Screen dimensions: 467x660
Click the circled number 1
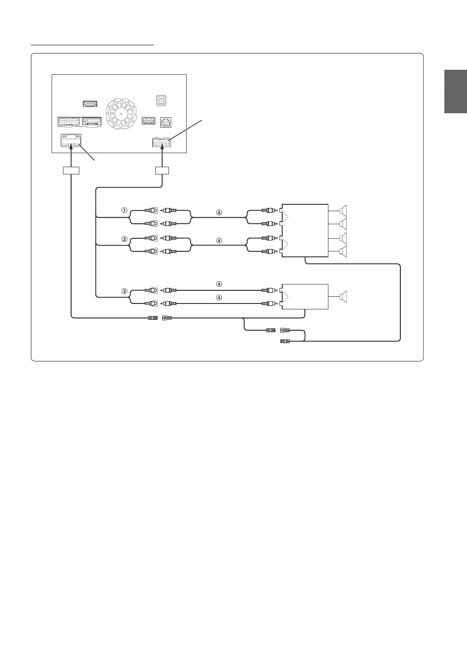coord(123,210)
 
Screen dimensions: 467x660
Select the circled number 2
coord(123,239)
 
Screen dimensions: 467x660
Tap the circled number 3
coord(123,291)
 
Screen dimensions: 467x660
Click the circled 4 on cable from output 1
coord(219,212)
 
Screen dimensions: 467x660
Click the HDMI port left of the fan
coord(90,104)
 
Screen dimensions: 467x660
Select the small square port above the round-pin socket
coord(160,101)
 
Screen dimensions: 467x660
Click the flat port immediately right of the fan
coord(149,120)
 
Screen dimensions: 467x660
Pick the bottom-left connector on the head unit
coord(71,142)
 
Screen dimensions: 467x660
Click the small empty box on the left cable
coord(71,171)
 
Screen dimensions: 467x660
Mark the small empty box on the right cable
coord(162,171)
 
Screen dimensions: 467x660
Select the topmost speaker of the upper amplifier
coord(343,210)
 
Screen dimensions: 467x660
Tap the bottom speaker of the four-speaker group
coord(343,252)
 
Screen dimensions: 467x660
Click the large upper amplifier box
coord(305,231)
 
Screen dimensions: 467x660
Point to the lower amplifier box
coord(305,297)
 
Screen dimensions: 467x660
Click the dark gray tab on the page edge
coord(455,92)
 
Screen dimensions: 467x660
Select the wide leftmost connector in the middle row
coord(69,121)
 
